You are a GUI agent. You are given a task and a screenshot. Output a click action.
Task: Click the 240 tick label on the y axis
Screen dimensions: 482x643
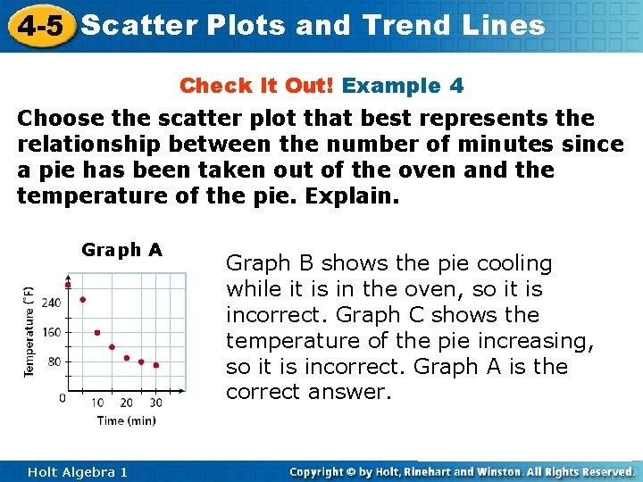tap(51, 303)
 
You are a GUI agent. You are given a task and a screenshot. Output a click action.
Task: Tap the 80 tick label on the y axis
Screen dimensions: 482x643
tap(54, 361)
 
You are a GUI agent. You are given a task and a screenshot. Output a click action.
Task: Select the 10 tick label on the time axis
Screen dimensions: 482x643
tap(97, 403)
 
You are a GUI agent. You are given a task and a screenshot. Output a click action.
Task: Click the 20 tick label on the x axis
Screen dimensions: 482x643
tap(126, 403)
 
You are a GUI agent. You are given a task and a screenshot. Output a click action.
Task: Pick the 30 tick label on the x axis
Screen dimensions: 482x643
tap(155, 403)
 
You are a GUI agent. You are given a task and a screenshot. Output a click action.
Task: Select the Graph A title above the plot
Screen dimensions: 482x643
tap(121, 250)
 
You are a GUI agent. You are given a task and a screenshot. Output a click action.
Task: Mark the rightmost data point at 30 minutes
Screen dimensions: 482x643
tap(155, 365)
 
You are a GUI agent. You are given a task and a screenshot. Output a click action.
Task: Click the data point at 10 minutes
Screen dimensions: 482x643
tap(97, 333)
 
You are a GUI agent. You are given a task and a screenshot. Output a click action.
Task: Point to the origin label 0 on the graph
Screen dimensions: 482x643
tap(62, 397)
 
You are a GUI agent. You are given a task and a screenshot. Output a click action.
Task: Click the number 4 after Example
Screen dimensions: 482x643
tap(456, 86)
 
